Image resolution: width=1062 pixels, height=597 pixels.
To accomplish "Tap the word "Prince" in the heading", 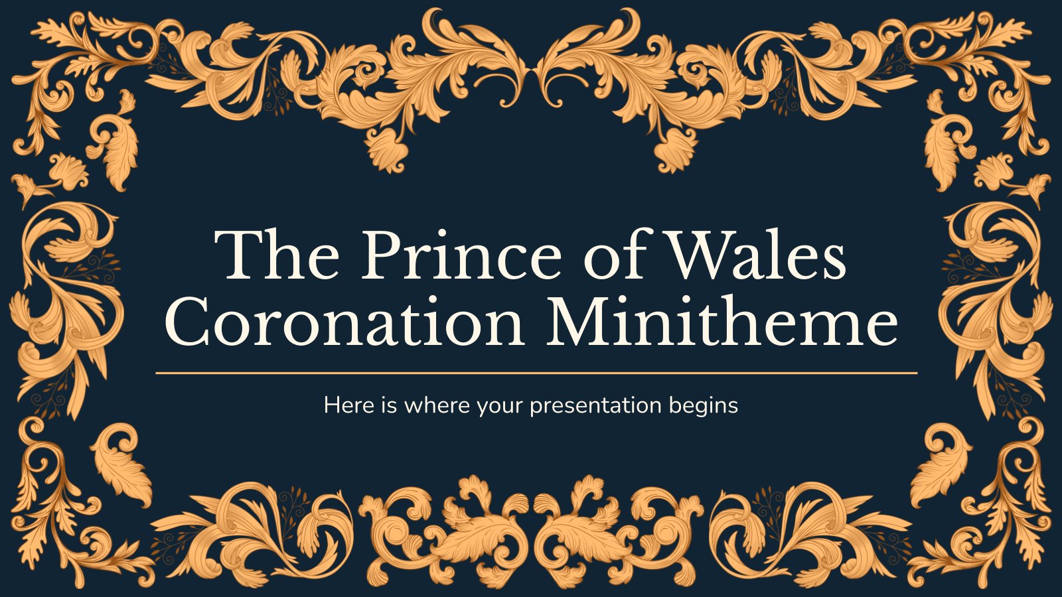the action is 461,255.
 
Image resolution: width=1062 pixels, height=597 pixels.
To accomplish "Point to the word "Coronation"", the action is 344,320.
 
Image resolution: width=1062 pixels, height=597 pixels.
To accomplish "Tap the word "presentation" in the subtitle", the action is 595,406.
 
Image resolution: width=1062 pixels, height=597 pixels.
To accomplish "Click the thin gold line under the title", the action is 536,373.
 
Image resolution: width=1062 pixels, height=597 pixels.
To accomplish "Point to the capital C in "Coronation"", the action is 187,321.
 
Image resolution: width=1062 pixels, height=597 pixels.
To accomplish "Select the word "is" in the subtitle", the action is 388,405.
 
